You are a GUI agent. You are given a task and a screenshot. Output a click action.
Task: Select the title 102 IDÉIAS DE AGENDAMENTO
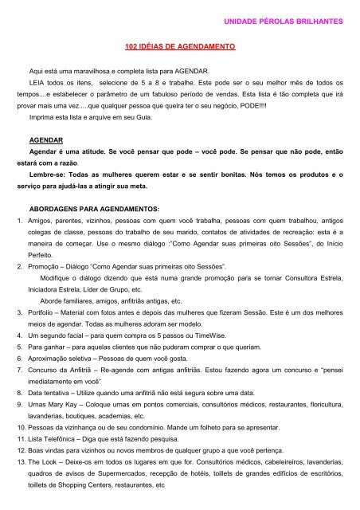179,48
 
